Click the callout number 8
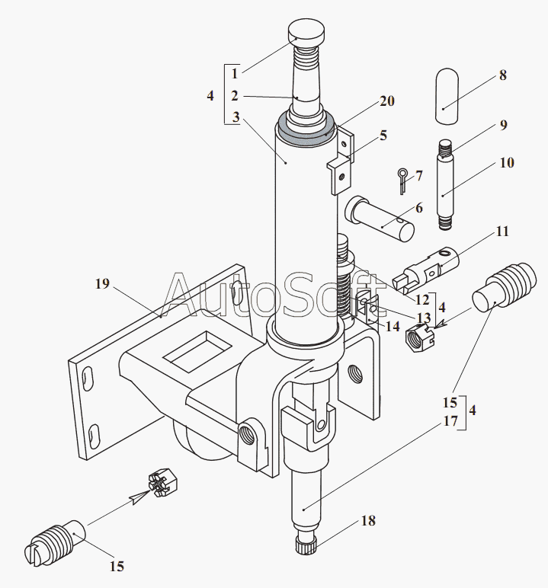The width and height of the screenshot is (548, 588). [x=502, y=75]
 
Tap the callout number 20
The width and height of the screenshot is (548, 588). [x=387, y=101]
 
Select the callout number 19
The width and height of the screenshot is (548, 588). [x=102, y=284]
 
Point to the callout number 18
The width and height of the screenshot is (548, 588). [x=368, y=520]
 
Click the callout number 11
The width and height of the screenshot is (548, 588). [x=502, y=232]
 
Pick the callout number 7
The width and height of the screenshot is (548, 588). [x=419, y=175]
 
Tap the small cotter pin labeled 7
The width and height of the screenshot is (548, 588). [x=402, y=181]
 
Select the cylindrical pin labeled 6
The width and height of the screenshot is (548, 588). [x=380, y=219]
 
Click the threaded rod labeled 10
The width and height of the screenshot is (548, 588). [x=445, y=184]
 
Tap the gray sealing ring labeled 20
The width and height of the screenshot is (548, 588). [x=305, y=134]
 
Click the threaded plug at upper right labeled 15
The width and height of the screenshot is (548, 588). [x=504, y=286]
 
